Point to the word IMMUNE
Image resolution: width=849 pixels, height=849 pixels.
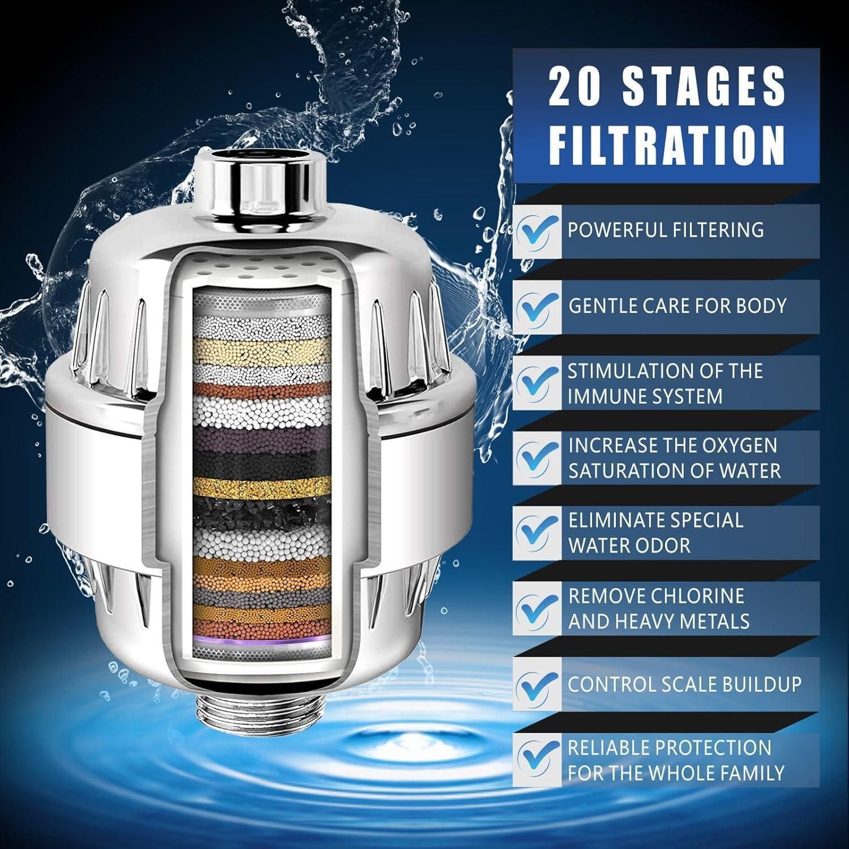[x=606, y=396]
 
